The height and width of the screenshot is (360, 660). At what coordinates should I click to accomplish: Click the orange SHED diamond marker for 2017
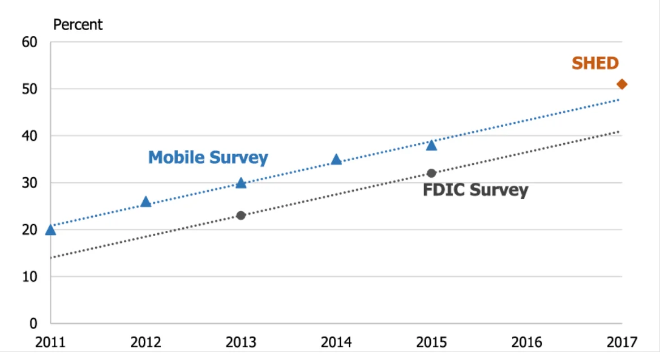pos(622,84)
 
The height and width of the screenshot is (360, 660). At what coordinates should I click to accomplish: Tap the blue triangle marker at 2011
pos(50,230)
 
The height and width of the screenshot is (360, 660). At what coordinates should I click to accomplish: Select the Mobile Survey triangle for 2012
pos(145,202)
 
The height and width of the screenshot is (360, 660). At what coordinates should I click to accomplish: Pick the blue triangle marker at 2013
pos(241,183)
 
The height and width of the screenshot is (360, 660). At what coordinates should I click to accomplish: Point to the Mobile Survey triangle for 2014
pos(336,160)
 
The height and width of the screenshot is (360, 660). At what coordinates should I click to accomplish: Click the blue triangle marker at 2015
pos(431,145)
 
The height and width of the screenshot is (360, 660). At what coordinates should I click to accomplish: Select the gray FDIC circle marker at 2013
pos(241,216)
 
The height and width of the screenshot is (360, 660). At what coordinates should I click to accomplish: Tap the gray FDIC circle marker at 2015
pos(431,173)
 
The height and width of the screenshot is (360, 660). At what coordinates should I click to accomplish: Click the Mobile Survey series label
pos(208,157)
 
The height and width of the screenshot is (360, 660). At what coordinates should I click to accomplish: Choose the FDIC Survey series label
pos(475,190)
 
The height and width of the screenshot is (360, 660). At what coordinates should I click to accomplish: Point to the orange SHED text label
pos(595,63)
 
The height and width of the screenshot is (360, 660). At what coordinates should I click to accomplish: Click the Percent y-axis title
pos(78,25)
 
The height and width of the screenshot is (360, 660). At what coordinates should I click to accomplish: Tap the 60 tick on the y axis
pos(29,42)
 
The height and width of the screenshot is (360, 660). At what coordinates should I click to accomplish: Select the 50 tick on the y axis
pos(29,89)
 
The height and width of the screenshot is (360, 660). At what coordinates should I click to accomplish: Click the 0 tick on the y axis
pos(33,324)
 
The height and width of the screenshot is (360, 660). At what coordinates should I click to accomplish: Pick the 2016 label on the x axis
pos(526,342)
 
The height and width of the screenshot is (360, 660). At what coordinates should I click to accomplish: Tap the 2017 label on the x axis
pos(622,342)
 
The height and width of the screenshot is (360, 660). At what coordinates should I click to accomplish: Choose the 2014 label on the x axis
pos(336,342)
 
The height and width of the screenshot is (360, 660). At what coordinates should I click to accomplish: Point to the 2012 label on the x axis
pos(145,342)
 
